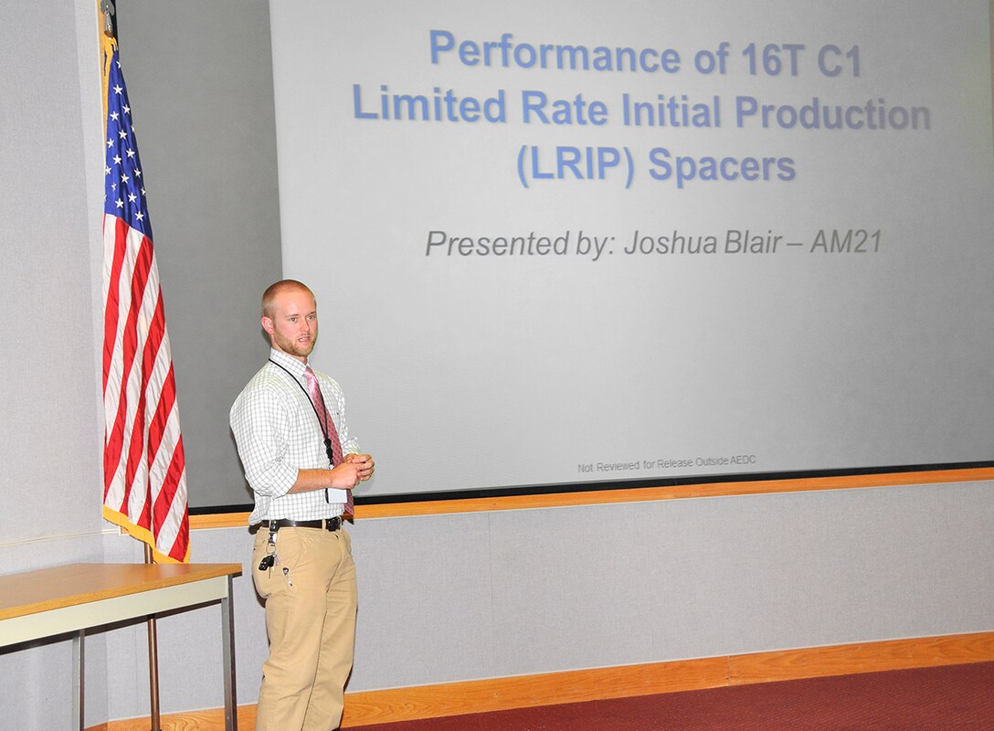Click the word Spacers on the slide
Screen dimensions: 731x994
coord(722,165)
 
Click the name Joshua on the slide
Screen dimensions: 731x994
coord(671,242)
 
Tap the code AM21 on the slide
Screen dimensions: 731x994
coord(846,241)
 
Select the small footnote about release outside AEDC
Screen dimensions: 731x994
coord(666,464)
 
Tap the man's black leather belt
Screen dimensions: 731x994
coord(301,524)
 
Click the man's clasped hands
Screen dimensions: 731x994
coord(353,471)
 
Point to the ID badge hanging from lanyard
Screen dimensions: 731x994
coord(336,494)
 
